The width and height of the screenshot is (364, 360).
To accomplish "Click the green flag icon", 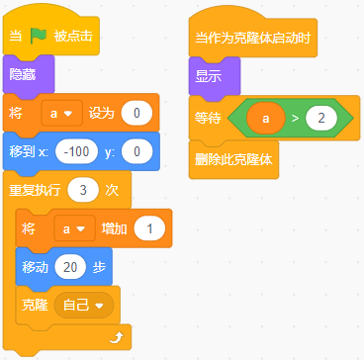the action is click(x=39, y=36).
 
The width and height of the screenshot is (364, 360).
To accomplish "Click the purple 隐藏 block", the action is click(x=29, y=75).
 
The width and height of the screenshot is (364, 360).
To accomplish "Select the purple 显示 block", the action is click(x=215, y=77).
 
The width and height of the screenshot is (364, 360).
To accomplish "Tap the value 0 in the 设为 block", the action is click(x=136, y=114).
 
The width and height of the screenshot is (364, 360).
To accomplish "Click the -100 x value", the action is click(x=77, y=152).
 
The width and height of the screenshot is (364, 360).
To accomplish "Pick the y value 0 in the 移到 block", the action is click(x=136, y=152).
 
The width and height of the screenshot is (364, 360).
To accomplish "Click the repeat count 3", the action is click(x=83, y=191).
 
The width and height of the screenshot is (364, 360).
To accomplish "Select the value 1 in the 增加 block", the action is click(x=149, y=228).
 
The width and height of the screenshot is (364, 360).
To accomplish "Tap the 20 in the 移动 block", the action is click(x=70, y=267).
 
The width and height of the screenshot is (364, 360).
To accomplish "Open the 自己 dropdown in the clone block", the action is click(x=84, y=306).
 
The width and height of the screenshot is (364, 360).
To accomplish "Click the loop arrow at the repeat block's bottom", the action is click(x=118, y=337).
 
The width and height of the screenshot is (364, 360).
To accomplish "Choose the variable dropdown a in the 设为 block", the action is click(x=61, y=114).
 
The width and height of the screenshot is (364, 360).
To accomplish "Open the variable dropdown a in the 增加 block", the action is click(x=74, y=229).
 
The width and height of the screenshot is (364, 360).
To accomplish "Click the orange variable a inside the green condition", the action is click(x=266, y=118).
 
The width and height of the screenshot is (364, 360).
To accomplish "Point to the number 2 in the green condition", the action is click(x=321, y=118).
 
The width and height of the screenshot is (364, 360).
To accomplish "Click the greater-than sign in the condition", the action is click(x=295, y=119).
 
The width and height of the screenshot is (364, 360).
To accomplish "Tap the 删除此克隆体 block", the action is click(x=233, y=160).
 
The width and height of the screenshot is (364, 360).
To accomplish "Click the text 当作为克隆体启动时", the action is click(x=253, y=38).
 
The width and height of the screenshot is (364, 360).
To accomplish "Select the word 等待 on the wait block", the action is click(x=208, y=119).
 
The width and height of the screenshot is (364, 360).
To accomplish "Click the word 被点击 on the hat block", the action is click(x=73, y=36).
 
